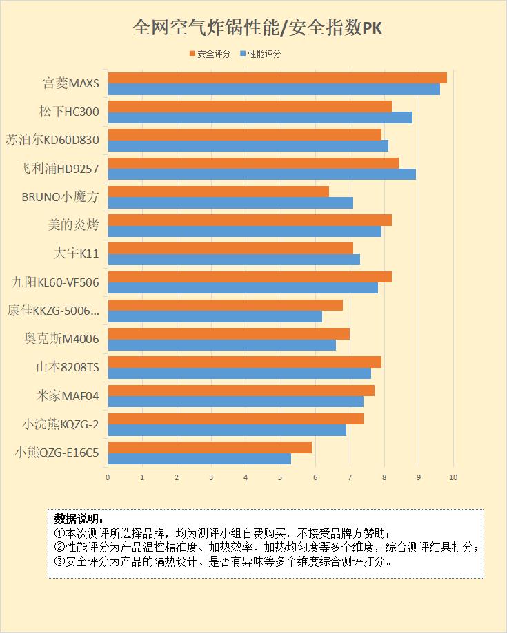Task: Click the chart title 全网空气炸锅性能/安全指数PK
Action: pyautogui.click(x=258, y=28)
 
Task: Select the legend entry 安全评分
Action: pyautogui.click(x=211, y=54)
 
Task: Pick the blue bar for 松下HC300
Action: pyautogui.click(x=260, y=118)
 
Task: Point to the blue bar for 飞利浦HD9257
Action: pyautogui.click(x=262, y=174)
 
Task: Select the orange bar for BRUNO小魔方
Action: pyautogui.click(x=219, y=191)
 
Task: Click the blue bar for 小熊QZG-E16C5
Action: pyautogui.click(x=199, y=459)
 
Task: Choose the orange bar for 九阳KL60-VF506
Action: pyautogui.click(x=250, y=277)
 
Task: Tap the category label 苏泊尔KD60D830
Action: pyautogui.click(x=52, y=140)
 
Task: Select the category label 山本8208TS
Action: pyautogui.click(x=68, y=368)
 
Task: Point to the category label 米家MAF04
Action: pyautogui.click(x=68, y=396)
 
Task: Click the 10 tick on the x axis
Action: pyautogui.click(x=453, y=477)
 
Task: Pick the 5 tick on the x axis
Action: pyautogui.click(x=281, y=477)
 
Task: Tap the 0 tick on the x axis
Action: pyautogui.click(x=108, y=477)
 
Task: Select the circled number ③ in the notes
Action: pyautogui.click(x=59, y=561)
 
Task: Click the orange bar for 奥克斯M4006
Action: pyautogui.click(x=229, y=334)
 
